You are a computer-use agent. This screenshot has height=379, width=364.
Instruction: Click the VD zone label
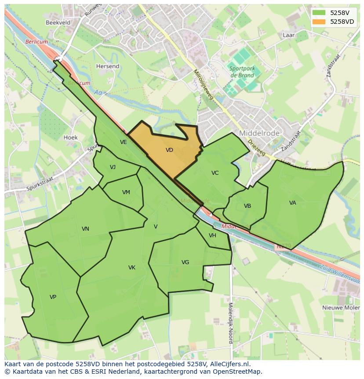coord(169,150)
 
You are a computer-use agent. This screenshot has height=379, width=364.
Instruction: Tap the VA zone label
coord(293,203)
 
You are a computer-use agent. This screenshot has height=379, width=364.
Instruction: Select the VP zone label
coord(53,297)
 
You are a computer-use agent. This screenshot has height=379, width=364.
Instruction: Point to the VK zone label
coord(132,268)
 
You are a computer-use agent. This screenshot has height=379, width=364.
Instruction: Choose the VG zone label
coord(185,262)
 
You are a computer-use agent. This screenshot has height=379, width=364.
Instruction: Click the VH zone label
coord(212,235)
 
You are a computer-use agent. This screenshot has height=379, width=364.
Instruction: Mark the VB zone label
coord(248,206)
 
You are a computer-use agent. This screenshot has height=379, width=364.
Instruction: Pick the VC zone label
coord(215,173)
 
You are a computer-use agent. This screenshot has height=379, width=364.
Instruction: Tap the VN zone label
coord(85,229)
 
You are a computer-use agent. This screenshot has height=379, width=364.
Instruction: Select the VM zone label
coord(126,192)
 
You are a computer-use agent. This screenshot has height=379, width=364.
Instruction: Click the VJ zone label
coord(113,167)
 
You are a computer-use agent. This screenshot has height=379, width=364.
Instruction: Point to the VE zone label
coord(124,142)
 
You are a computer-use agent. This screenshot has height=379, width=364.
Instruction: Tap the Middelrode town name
coord(259,133)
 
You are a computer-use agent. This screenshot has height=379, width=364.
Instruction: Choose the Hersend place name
coord(108,66)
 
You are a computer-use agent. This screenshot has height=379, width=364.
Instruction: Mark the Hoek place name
coord(71,138)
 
